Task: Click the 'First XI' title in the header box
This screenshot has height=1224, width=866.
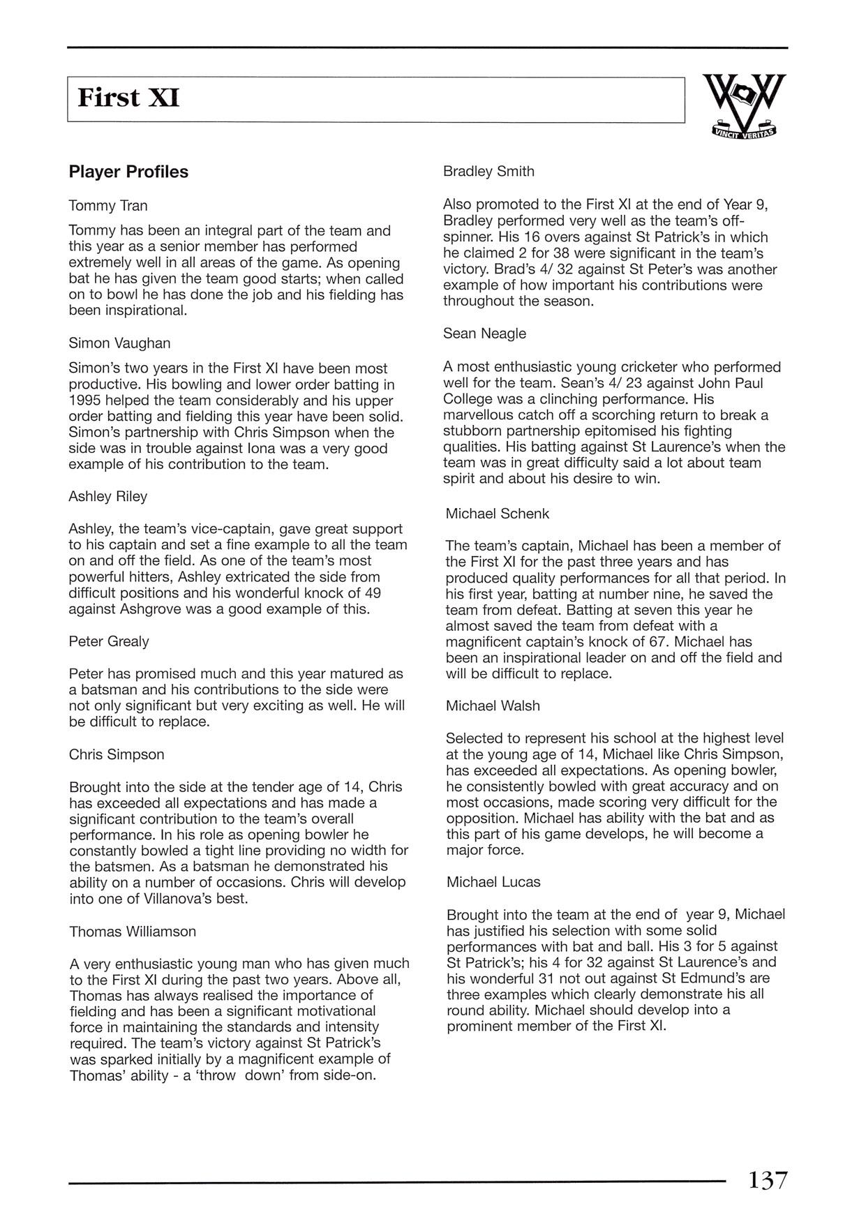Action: [128, 98]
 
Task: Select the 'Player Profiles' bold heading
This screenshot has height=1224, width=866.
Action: [128, 172]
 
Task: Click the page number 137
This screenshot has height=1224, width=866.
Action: [768, 1180]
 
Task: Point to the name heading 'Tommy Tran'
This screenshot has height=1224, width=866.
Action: [108, 206]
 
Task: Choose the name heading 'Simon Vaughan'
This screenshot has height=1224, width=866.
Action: [119, 343]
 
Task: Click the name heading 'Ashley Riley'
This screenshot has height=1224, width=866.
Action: [108, 497]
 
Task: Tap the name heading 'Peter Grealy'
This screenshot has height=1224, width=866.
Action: [109, 641]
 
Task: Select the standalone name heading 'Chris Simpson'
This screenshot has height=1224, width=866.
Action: [117, 754]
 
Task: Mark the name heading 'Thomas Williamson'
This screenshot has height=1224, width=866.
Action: [133, 932]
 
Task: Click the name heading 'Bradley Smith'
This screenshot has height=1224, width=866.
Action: [488, 172]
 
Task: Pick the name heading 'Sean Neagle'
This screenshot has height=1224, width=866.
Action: [484, 334]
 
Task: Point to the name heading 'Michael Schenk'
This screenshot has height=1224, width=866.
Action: [498, 514]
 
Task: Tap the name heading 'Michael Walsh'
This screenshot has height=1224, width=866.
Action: [493, 706]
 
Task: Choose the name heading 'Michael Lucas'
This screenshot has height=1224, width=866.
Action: [493, 882]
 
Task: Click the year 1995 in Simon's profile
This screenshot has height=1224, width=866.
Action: [84, 401]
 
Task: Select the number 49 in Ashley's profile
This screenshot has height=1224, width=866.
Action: [373, 593]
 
